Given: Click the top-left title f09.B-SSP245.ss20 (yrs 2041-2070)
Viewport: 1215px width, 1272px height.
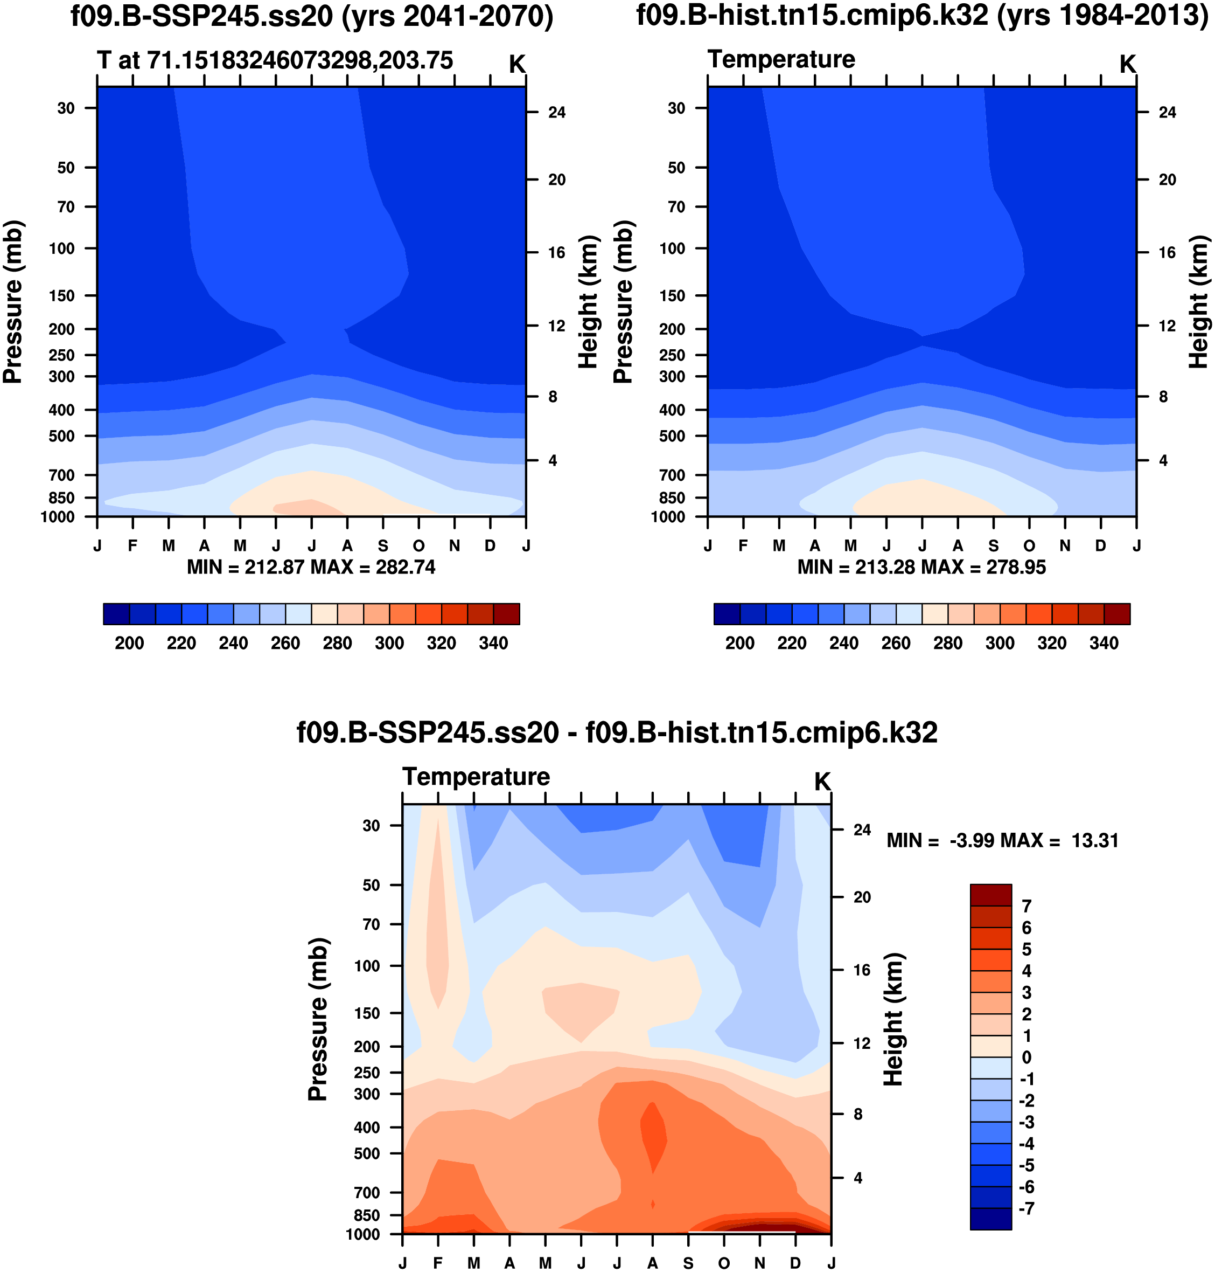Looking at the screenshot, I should pos(311,16).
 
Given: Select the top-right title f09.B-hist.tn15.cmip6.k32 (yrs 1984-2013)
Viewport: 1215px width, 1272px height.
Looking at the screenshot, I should pos(921,16).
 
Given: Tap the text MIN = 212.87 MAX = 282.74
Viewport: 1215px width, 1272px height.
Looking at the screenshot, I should pos(311,567).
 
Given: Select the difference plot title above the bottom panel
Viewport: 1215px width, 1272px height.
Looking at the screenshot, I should pos(617,733).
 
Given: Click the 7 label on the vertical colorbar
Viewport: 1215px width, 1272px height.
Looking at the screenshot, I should pos(1027,906).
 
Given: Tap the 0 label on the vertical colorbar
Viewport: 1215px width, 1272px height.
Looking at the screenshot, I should pos(1027,1057).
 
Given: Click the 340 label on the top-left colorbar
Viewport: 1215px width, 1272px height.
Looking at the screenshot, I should pos(493,643).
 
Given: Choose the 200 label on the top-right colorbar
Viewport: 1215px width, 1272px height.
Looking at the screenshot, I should pos(739,643).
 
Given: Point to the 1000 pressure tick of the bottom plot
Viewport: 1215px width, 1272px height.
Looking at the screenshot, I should pos(362,1234).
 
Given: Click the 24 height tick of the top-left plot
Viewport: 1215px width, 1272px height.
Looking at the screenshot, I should pos(556,113).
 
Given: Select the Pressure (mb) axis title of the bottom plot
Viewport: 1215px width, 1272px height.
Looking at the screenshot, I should pos(318,1019).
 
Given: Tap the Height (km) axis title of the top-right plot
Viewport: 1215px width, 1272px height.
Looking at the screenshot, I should pos(1199,302).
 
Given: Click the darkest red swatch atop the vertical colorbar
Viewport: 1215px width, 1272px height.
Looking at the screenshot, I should pos(990,895).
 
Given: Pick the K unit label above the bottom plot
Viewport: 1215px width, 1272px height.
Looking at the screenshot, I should pos(822,782).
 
